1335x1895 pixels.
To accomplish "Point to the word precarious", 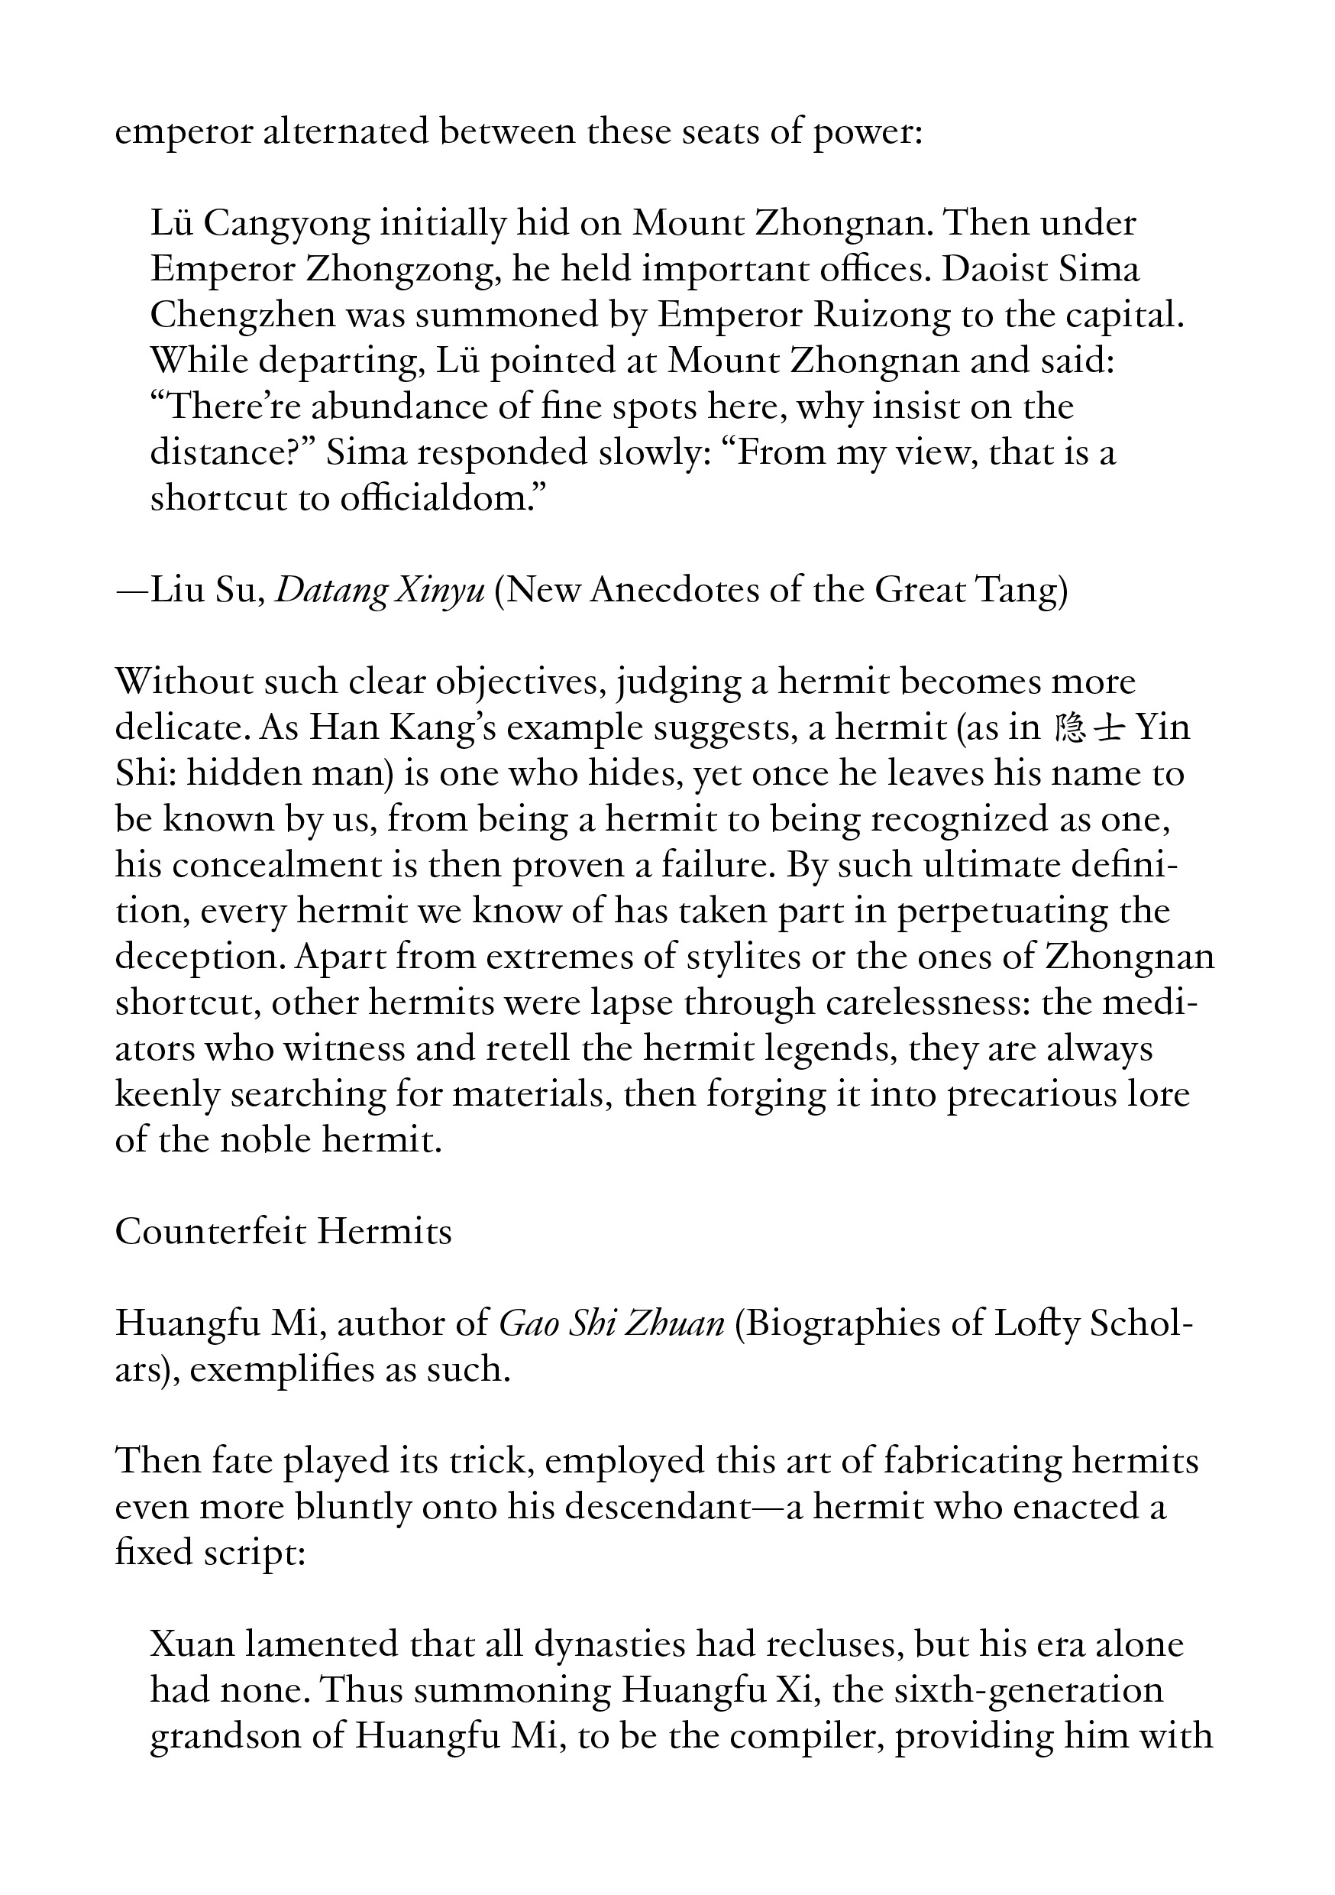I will tap(1031, 1096).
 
